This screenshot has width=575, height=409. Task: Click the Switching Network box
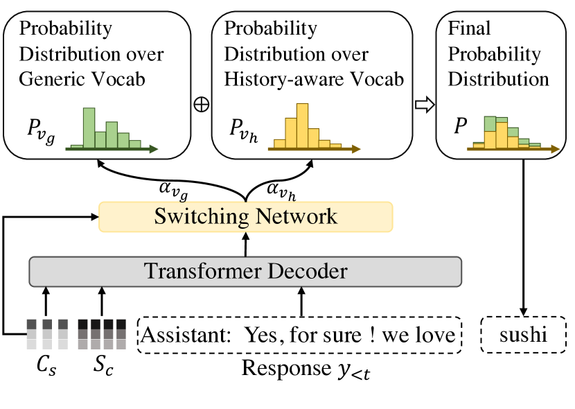click(246, 216)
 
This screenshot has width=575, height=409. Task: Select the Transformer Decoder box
click(245, 270)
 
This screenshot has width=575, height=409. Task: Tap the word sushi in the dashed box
click(523, 336)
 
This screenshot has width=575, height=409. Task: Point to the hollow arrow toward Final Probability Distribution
click(424, 104)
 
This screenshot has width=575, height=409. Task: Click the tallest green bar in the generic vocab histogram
click(88, 128)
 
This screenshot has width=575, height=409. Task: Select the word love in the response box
click(438, 336)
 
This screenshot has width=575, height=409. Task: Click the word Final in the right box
click(469, 29)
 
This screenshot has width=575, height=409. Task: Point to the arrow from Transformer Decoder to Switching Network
click(245, 243)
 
